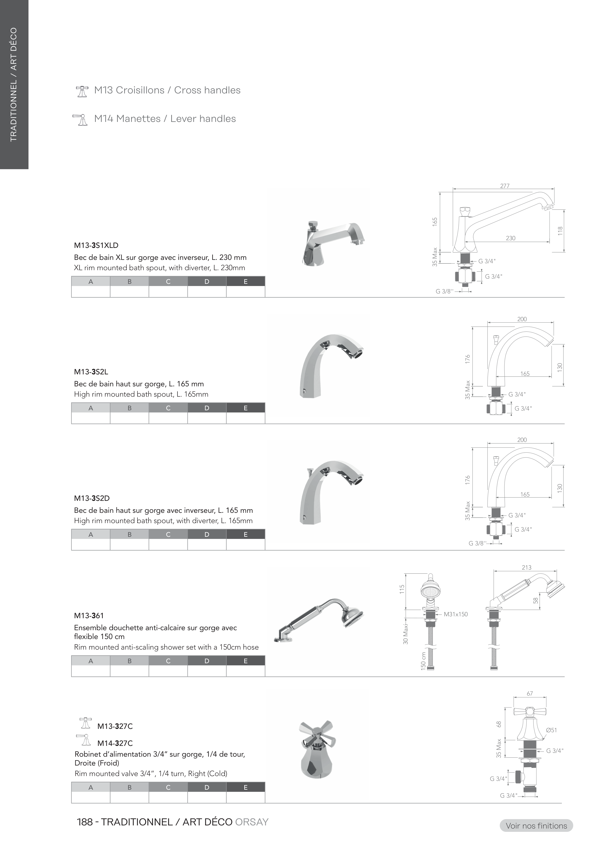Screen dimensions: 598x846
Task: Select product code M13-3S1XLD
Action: [x=96, y=246]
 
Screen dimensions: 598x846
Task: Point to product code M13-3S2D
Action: [x=92, y=498]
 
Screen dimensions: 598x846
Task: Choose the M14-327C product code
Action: [x=115, y=743]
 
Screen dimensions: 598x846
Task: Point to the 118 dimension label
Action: [x=560, y=231]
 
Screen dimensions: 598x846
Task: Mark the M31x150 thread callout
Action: [x=456, y=614]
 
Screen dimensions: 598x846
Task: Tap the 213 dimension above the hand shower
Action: [x=527, y=567]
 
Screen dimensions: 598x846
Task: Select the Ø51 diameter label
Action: [x=551, y=730]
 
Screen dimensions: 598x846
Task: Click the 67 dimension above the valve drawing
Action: [x=530, y=693]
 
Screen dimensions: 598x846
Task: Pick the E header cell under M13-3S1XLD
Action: [x=245, y=281]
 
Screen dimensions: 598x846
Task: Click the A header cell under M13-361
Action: [x=91, y=661]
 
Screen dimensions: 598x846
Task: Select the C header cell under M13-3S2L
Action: [x=168, y=408]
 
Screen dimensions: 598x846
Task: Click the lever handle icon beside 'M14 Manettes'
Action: [x=81, y=120]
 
